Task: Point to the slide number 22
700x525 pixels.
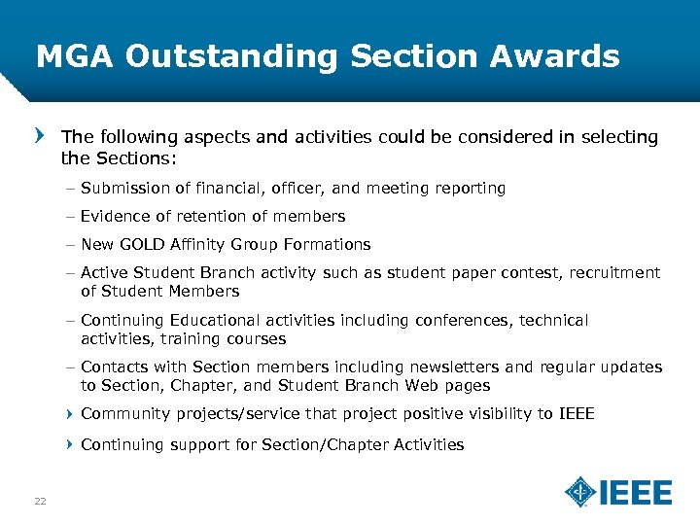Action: (x=41, y=501)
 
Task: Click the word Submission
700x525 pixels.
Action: (x=124, y=189)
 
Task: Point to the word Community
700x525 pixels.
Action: (x=123, y=414)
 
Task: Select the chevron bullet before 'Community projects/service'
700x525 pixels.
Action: (x=70, y=414)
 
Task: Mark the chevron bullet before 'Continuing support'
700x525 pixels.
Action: (x=70, y=444)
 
